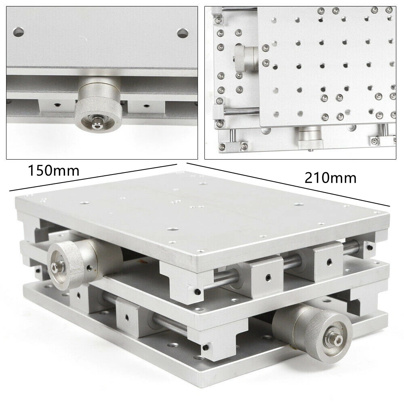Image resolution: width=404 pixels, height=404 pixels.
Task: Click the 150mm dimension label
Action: tap(54, 170)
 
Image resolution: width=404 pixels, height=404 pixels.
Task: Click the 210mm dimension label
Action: tap(330, 178)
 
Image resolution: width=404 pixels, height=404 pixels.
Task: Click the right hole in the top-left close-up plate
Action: tap(183, 33)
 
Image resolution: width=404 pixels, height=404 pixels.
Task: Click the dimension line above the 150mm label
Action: tap(93, 177)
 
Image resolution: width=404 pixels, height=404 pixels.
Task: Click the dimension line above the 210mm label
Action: tap(288, 185)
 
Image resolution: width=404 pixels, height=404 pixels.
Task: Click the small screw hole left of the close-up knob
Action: tap(57, 105)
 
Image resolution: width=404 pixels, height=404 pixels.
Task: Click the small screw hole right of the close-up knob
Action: tap(146, 105)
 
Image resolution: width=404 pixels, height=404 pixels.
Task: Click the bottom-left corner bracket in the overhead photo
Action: tap(232, 146)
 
